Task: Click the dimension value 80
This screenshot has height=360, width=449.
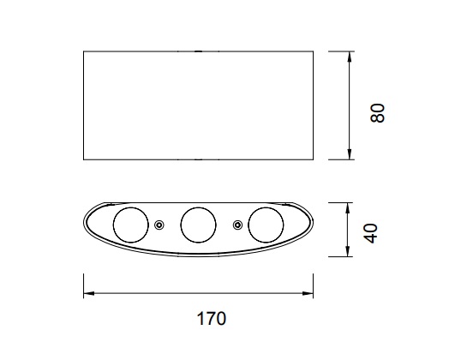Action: coord(377,113)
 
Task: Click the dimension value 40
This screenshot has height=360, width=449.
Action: coord(371,233)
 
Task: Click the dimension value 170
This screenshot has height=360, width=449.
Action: coord(212,319)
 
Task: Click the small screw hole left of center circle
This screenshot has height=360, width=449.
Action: coord(159,225)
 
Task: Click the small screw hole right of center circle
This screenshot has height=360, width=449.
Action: coord(237,225)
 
